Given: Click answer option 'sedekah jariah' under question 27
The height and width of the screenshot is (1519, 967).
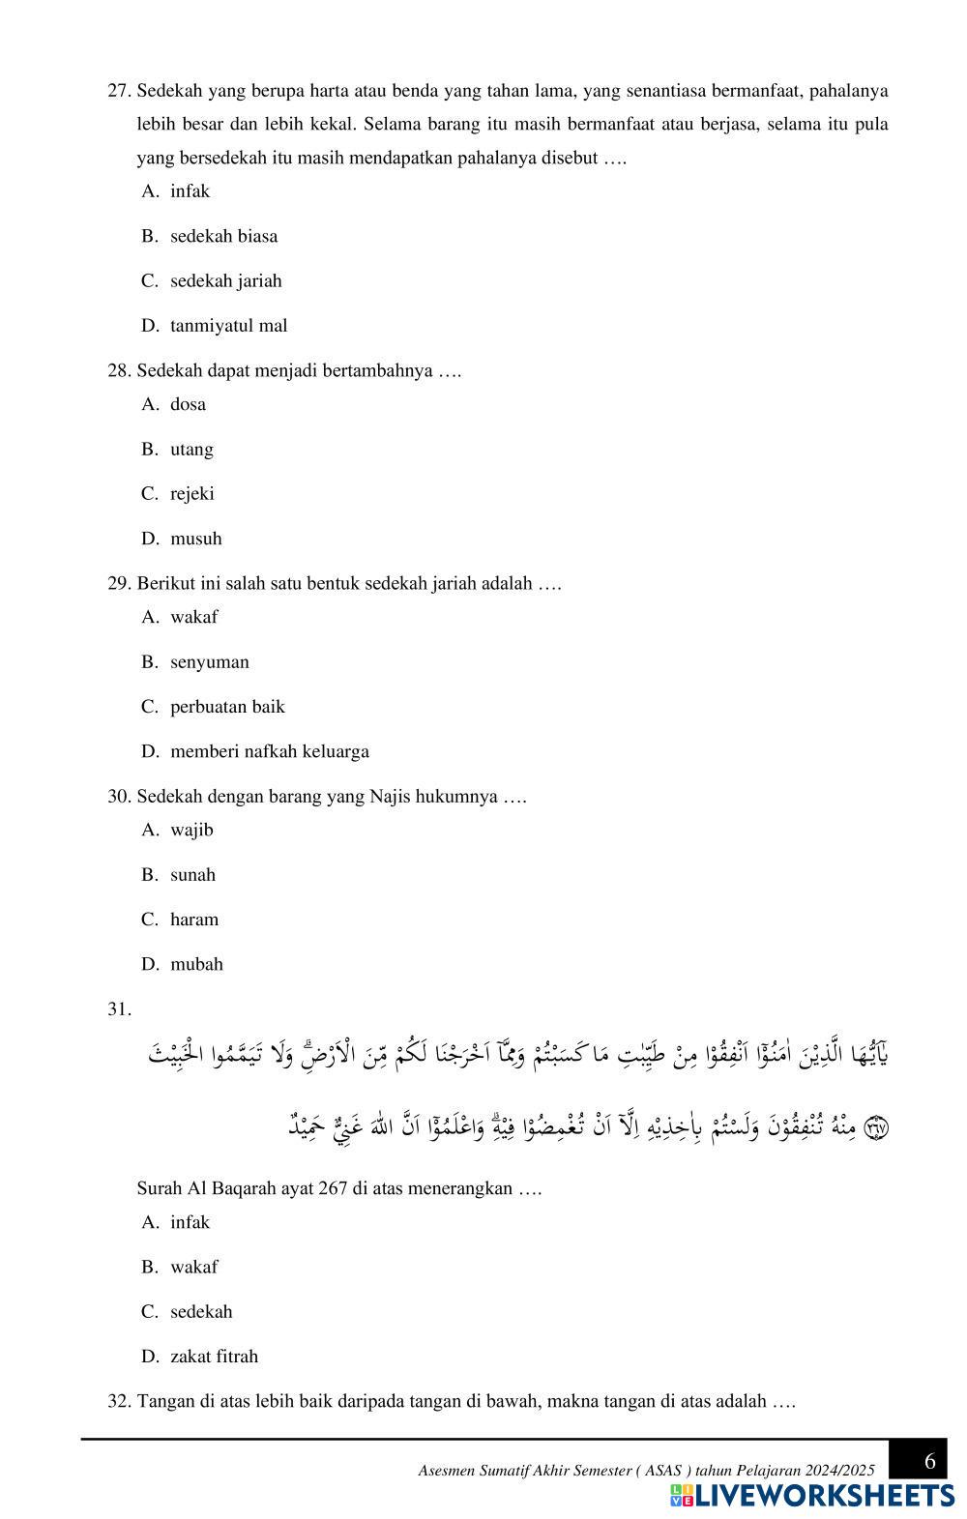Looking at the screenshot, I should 225,281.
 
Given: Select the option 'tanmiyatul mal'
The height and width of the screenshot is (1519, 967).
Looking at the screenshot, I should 228,326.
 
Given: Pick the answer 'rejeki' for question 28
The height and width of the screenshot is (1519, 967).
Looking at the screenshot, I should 191,494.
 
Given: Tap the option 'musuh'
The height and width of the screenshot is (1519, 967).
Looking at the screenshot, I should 195,539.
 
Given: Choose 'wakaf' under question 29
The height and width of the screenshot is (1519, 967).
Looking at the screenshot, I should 193,617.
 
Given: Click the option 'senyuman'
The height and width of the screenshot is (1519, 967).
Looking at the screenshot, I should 209,662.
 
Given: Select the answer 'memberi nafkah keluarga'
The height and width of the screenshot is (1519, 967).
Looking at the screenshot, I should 269,751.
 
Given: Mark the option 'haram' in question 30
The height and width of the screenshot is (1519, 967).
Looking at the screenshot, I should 193,920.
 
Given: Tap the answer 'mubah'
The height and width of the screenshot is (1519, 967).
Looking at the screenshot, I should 196,964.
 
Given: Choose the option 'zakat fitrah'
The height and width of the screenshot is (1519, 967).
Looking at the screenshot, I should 214,1357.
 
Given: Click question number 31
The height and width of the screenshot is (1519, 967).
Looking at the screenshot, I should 119,1009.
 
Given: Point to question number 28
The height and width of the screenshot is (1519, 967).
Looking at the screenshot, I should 119,371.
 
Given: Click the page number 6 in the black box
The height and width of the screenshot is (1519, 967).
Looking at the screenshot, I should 929,1460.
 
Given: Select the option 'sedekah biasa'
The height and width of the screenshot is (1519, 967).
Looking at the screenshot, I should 223,236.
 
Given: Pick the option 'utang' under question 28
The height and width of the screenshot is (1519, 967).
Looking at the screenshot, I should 191,450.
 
